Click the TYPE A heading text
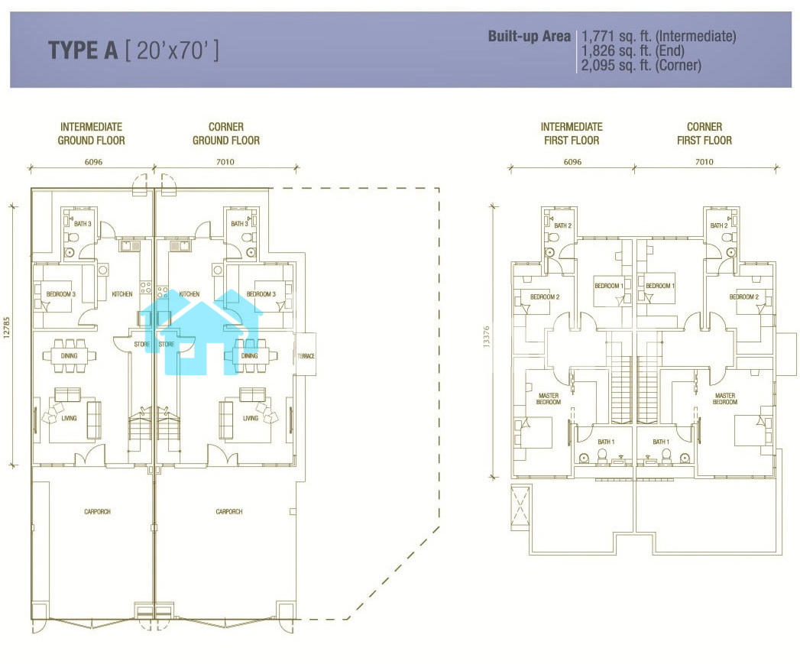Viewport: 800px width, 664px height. click(83, 50)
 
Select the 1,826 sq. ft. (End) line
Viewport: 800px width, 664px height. click(633, 50)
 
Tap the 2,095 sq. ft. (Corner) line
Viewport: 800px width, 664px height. click(641, 65)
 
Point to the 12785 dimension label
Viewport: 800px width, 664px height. click(7, 328)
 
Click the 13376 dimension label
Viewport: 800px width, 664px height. click(486, 337)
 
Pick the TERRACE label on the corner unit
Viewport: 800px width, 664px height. click(306, 356)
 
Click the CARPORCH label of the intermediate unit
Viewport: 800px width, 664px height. click(98, 511)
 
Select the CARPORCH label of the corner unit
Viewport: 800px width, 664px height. click(229, 511)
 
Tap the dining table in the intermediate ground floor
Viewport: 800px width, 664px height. click(69, 355)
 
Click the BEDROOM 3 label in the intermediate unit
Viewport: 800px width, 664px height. click(60, 294)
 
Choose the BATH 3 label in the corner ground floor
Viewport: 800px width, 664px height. click(239, 224)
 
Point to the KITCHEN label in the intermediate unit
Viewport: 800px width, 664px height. click(122, 294)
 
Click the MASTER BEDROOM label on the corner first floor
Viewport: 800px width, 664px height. click(725, 399)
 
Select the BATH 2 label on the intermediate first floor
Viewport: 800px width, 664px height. click(563, 225)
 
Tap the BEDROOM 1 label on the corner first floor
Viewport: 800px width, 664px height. click(660, 286)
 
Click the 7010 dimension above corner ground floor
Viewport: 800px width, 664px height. click(225, 162)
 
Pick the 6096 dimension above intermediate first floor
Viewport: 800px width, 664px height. click(572, 162)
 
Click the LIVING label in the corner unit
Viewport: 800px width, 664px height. click(251, 418)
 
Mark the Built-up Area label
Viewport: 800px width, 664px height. click(529, 36)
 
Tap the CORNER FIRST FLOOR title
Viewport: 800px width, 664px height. click(704, 133)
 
